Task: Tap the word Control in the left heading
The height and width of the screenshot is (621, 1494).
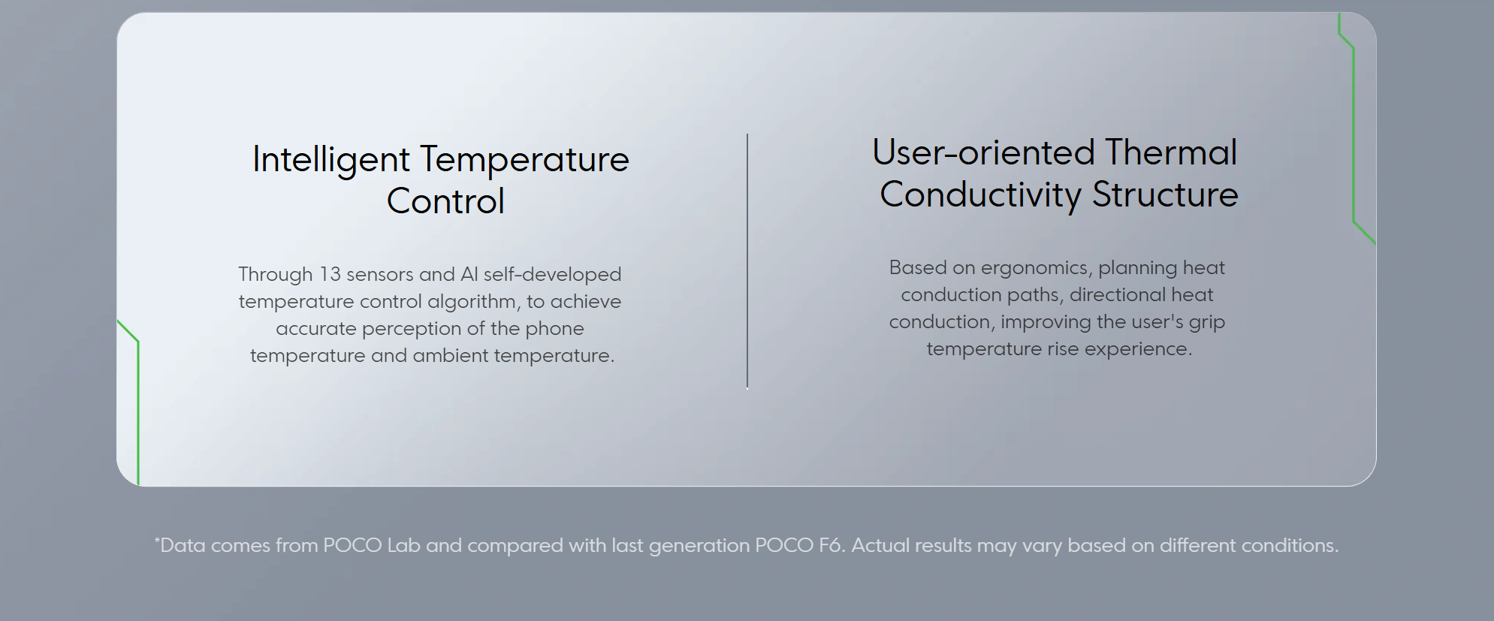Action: (445, 201)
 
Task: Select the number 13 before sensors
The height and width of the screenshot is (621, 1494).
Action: (330, 274)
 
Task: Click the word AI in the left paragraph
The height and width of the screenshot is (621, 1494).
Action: (469, 274)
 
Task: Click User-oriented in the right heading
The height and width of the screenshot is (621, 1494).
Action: (983, 152)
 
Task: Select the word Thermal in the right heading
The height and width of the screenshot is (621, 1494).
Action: (1171, 152)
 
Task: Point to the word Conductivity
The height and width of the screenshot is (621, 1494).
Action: (980, 195)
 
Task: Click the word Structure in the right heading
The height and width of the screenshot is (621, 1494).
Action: (1165, 194)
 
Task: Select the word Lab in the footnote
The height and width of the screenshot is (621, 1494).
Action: (403, 545)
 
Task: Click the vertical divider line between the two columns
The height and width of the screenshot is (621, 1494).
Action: (747, 261)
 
